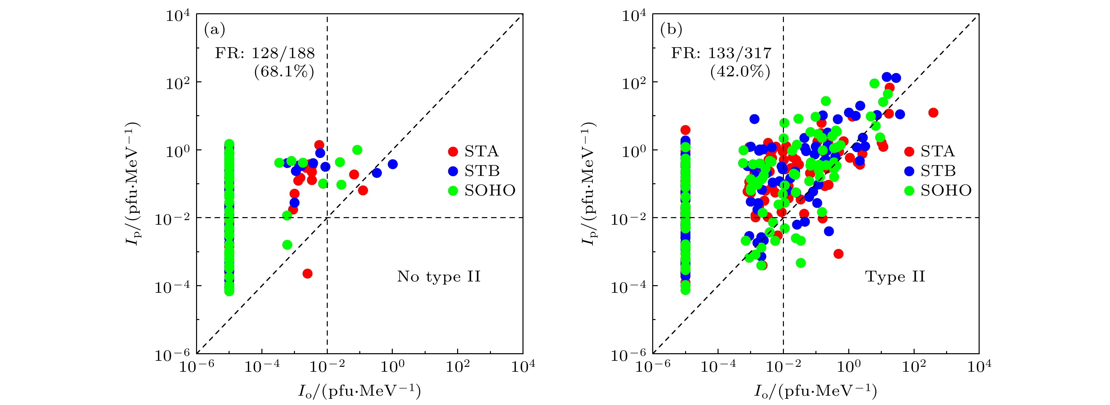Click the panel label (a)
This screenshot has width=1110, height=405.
215,30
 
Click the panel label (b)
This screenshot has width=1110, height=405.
671,30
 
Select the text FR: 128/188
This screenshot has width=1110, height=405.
265,53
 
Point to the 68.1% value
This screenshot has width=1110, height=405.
284,72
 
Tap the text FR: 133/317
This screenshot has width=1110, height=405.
721,53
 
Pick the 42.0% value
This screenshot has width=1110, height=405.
740,72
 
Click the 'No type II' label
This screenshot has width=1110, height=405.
439,277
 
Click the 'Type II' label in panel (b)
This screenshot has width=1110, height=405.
895,277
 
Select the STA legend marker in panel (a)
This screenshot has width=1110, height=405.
453,151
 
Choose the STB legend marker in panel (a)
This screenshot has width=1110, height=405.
453,171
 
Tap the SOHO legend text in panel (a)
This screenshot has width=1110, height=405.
490,191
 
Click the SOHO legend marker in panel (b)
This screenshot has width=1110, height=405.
909,191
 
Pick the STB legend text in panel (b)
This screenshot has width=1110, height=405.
938,171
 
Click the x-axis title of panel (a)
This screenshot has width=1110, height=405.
359,391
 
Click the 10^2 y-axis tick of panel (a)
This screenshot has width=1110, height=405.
178,82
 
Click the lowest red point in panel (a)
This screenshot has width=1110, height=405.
307,274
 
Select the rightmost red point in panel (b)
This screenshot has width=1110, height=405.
933,113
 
